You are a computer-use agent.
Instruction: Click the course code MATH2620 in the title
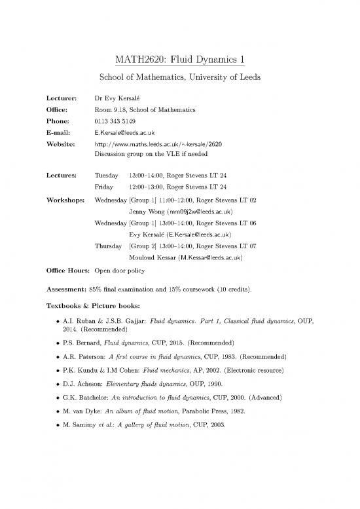pyautogui.click(x=139, y=60)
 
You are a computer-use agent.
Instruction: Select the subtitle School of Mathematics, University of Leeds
pyautogui.click(x=179, y=78)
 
